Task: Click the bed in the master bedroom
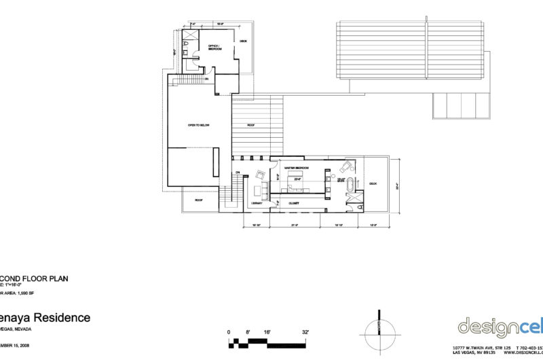click(x=296, y=182)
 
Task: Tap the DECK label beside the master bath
click(x=372, y=182)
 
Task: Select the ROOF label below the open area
click(x=199, y=200)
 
